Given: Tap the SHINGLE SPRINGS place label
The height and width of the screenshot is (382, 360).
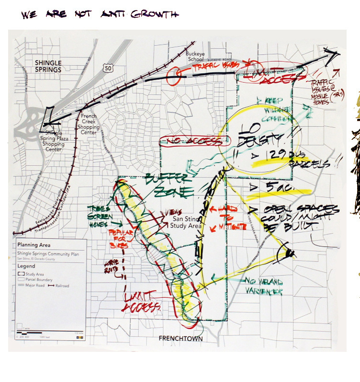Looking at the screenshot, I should point(48,66).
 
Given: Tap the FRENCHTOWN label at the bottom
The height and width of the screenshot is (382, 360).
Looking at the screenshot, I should point(181,339).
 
